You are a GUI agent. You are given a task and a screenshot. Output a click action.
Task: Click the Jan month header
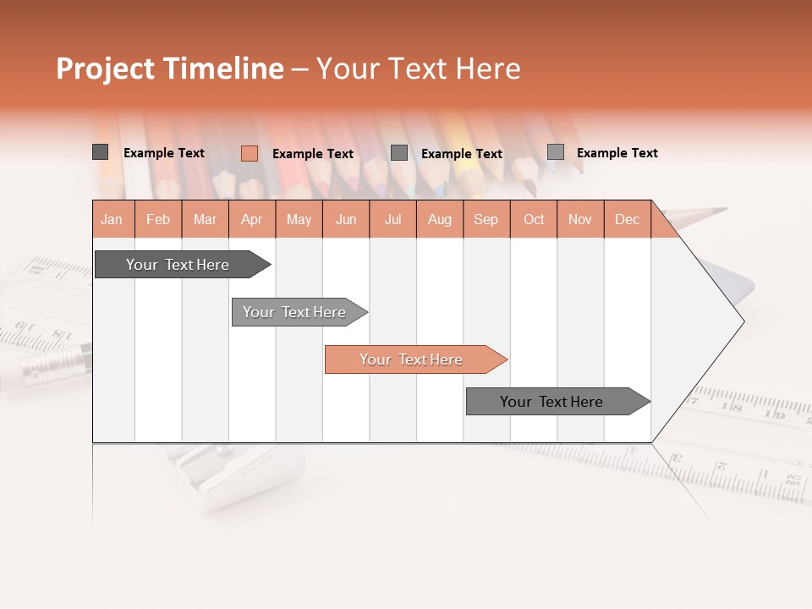click(x=112, y=219)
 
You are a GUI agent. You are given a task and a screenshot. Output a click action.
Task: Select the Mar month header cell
click(x=205, y=219)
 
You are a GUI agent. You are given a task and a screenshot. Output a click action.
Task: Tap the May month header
click(x=299, y=219)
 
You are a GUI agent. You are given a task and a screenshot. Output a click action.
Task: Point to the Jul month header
click(x=392, y=219)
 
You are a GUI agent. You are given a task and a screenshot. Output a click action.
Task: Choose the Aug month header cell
click(x=439, y=219)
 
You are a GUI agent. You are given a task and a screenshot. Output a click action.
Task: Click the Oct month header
click(x=534, y=219)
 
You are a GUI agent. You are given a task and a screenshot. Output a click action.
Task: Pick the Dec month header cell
click(x=627, y=219)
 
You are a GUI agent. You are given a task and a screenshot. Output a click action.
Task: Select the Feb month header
click(x=158, y=219)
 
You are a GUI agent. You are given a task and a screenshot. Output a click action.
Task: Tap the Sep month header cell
click(x=486, y=219)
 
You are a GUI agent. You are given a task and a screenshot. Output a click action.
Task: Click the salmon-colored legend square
click(x=249, y=153)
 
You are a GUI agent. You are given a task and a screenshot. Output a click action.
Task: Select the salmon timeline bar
click(x=412, y=359)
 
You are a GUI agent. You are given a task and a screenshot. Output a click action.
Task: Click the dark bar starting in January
click(x=178, y=265)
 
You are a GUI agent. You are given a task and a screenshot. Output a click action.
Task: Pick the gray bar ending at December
click(x=552, y=402)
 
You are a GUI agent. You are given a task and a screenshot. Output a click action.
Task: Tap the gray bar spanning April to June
click(x=295, y=312)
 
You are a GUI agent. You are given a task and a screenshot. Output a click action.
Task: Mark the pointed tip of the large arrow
click(x=742, y=321)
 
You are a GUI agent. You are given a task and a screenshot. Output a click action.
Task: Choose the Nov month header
click(x=580, y=219)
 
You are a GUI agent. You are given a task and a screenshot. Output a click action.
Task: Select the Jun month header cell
click(x=346, y=219)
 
